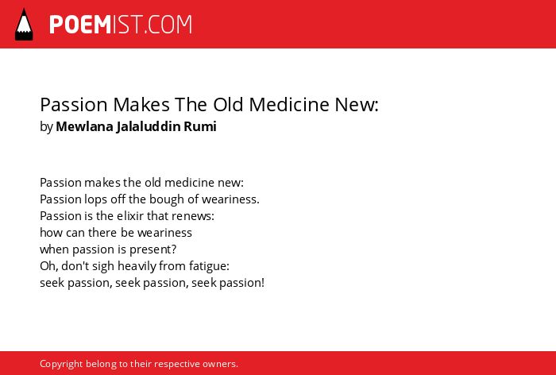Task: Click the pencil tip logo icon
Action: (x=24, y=24)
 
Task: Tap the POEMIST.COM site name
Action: (x=121, y=25)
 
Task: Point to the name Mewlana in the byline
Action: (x=84, y=126)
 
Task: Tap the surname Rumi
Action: (x=200, y=126)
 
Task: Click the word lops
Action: (x=95, y=199)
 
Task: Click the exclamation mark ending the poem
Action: (x=263, y=283)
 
